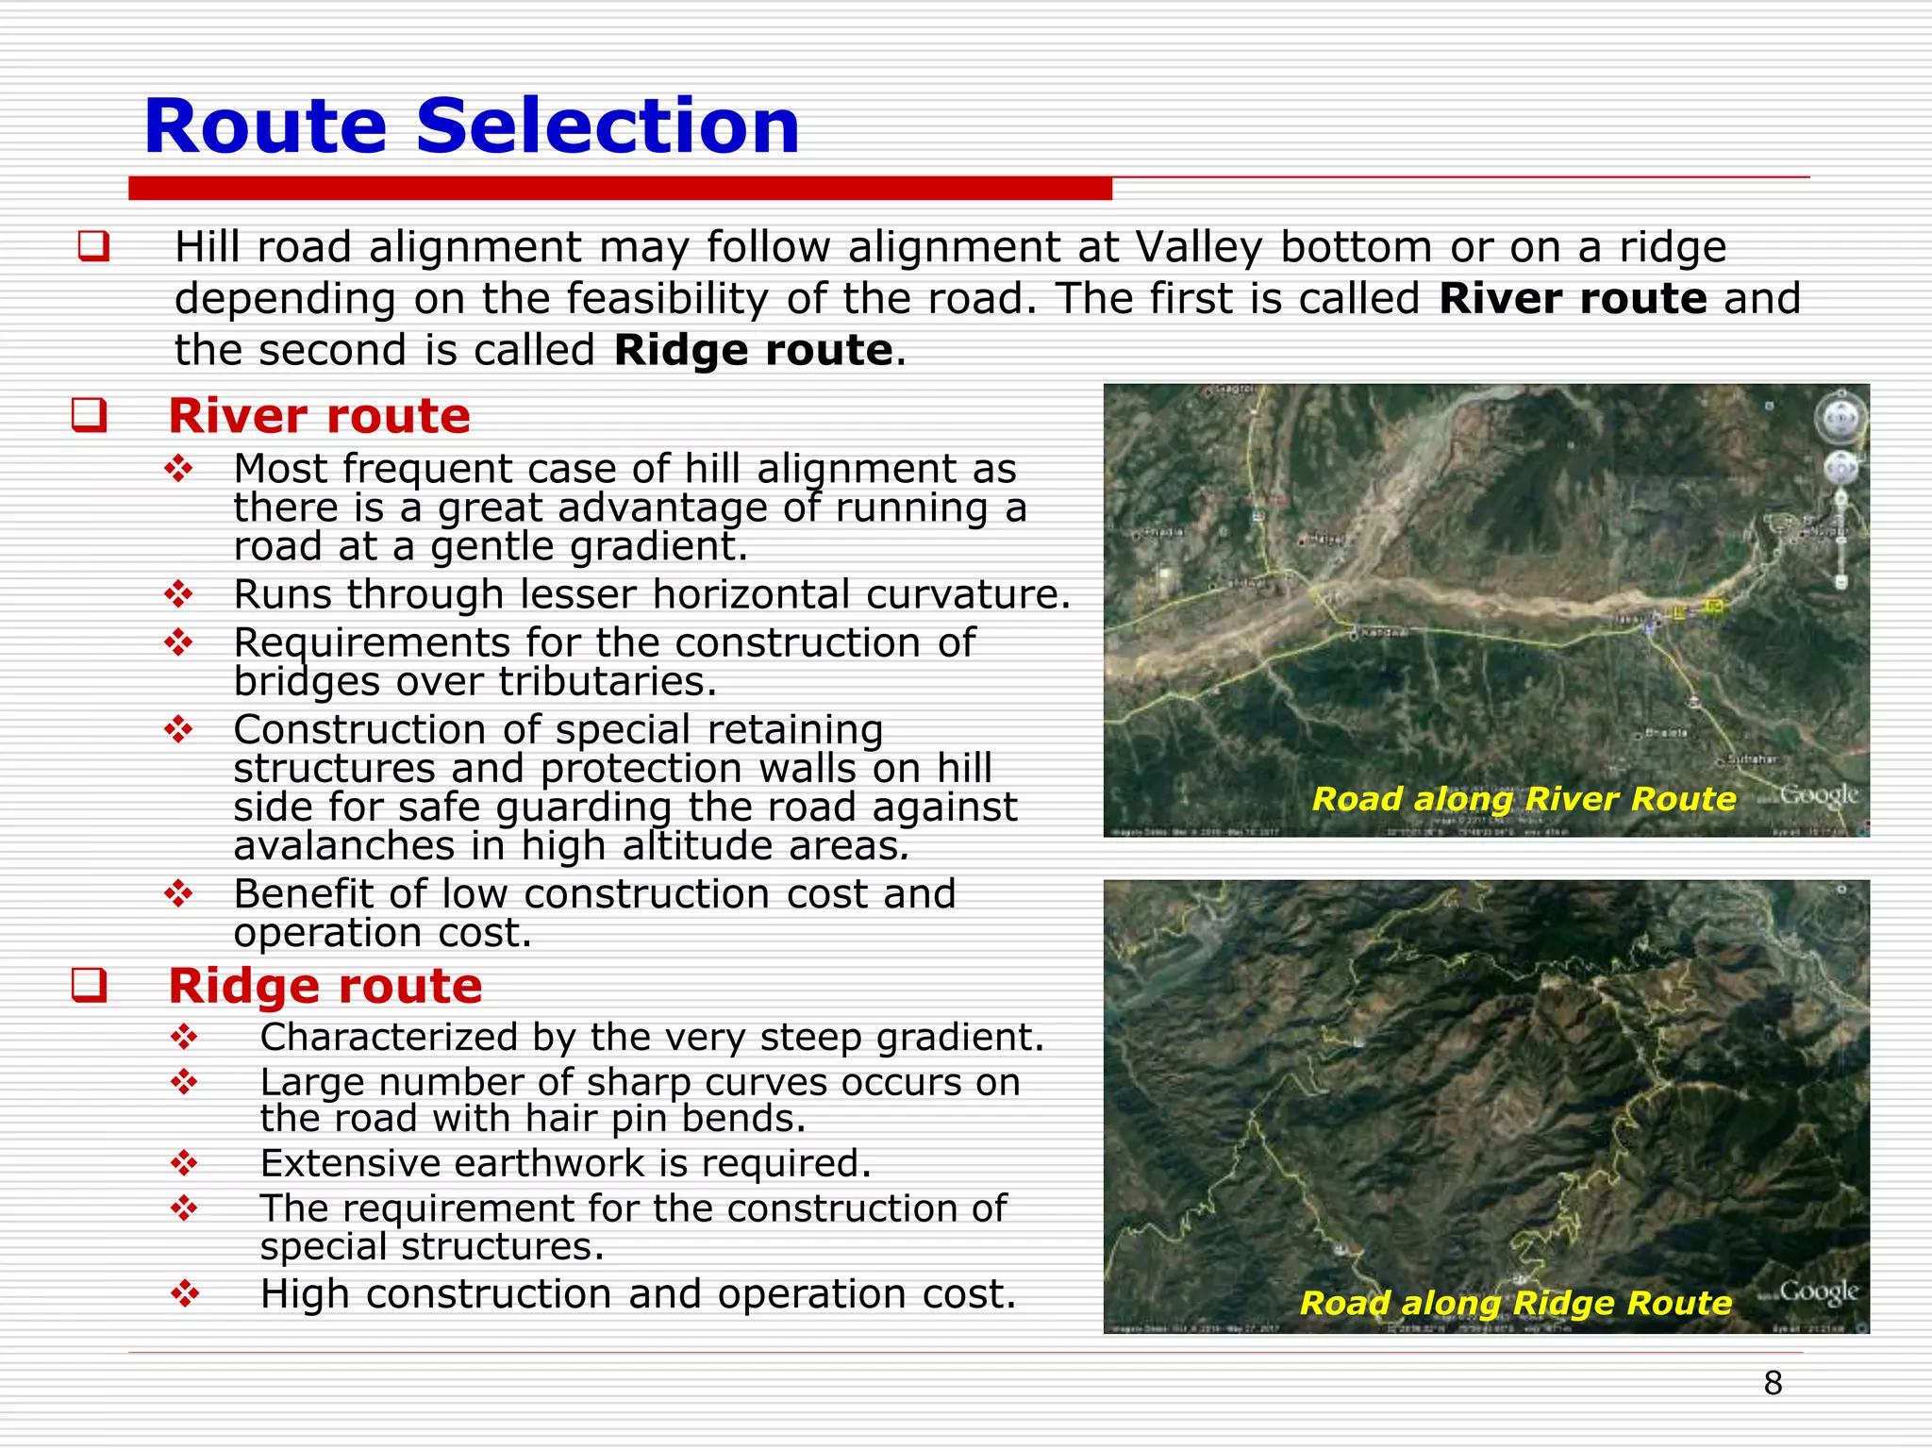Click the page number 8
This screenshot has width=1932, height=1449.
click(x=1773, y=1384)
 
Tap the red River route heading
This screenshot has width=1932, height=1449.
click(x=319, y=416)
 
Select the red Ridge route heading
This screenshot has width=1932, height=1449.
click(x=325, y=986)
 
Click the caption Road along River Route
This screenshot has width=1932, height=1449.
click(x=1523, y=799)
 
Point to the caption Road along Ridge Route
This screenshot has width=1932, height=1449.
click(x=1515, y=1303)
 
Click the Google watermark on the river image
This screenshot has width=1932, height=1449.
click(x=1818, y=795)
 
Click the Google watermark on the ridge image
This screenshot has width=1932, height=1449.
click(x=1818, y=1291)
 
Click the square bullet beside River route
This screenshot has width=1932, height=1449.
click(x=89, y=416)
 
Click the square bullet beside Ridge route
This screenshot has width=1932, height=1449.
click(x=89, y=986)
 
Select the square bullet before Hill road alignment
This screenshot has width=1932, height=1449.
click(x=93, y=247)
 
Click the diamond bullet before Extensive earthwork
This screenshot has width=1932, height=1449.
click(x=184, y=1163)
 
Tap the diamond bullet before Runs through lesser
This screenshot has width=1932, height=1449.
click(x=178, y=594)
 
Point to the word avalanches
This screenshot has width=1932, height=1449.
click(x=343, y=845)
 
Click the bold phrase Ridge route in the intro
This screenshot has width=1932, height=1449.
click(x=752, y=350)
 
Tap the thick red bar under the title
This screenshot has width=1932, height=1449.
click(x=620, y=189)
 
